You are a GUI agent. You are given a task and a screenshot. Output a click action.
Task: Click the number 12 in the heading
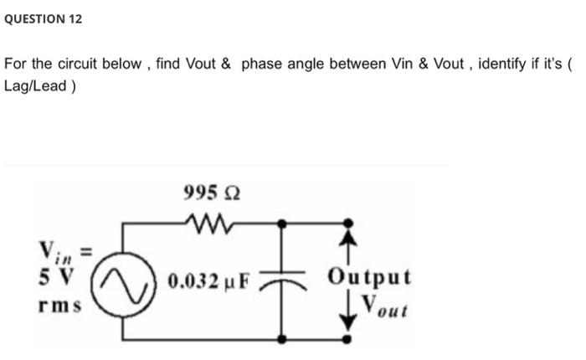coord(75,18)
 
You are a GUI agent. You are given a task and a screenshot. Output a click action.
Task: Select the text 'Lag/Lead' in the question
coord(34,85)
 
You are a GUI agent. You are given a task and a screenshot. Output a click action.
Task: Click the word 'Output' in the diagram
coord(369,277)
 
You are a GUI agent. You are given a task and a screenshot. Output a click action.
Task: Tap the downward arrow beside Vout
coord(349,310)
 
